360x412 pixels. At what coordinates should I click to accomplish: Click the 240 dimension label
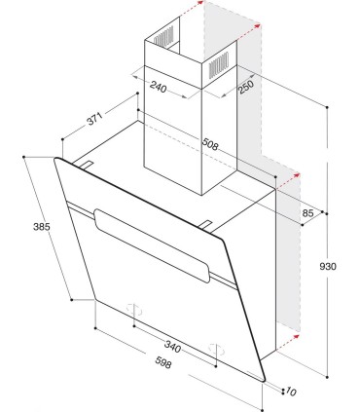[x=159, y=87]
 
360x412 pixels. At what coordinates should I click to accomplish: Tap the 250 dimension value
[x=246, y=86]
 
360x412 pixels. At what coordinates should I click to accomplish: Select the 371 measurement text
[x=94, y=119]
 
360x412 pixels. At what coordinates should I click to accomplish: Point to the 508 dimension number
[x=210, y=144]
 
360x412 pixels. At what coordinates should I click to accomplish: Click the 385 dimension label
[x=42, y=226]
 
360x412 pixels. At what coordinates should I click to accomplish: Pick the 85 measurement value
[x=307, y=213]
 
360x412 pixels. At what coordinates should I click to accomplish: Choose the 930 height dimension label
[x=328, y=266]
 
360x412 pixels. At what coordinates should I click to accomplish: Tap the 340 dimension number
[x=172, y=346]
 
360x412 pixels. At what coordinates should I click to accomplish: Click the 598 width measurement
[x=162, y=362]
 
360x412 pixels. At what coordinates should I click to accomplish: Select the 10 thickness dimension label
[x=291, y=392]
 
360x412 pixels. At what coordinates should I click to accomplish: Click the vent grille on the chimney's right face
[x=219, y=65]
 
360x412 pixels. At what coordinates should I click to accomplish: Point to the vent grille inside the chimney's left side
[x=163, y=37]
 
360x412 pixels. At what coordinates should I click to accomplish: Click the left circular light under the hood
[x=134, y=310]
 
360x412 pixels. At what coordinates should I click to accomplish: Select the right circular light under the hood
[x=216, y=350]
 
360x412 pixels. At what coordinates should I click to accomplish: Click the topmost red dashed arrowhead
[x=200, y=3]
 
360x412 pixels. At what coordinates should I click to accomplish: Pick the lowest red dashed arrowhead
[x=296, y=336]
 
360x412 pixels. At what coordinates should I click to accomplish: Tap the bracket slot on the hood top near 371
[x=86, y=165]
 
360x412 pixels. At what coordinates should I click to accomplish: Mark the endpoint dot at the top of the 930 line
[x=327, y=107]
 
